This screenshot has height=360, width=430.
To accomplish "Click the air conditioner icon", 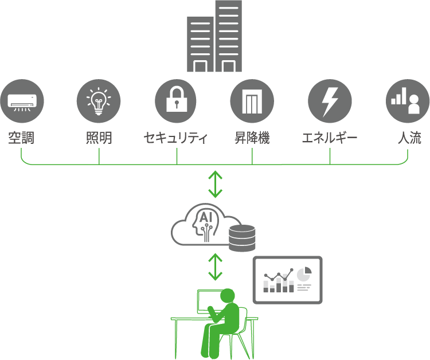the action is click(22, 101).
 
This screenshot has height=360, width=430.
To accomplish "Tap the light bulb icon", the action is click(99, 101).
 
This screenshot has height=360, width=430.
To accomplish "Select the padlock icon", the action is click(177, 101).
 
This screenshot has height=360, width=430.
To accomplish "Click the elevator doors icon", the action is click(252, 101).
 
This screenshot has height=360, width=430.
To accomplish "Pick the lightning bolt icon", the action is click(330, 101).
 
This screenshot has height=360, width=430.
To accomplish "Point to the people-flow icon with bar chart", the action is click(408, 101).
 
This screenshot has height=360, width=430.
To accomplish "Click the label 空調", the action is click(21, 138).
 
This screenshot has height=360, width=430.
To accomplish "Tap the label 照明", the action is click(99, 138).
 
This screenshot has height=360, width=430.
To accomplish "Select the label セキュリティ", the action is click(175, 138).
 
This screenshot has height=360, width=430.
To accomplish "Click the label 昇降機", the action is click(252, 138).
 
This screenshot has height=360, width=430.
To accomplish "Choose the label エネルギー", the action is click(330, 138).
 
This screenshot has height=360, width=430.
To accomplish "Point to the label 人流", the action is click(409, 138).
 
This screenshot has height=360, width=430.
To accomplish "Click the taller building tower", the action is click(228, 36).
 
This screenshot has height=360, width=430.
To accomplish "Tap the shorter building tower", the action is click(200, 44).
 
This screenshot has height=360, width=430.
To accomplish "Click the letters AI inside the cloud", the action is click(206, 217).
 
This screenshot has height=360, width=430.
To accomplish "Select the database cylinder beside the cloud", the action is click(242, 238).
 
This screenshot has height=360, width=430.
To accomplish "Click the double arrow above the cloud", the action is click(215, 184).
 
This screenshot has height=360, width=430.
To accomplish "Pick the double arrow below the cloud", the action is click(215, 267).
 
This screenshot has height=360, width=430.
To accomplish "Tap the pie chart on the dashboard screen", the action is click(304, 274).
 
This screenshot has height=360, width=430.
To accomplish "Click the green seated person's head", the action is click(228, 296).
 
